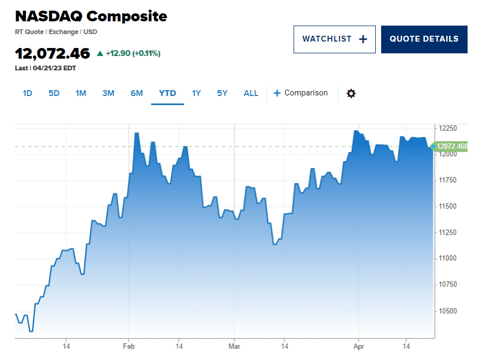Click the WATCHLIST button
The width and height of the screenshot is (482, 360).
coord(334,39)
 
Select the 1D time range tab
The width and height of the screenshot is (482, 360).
coord(27,93)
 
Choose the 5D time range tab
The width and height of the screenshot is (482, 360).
coord(54,93)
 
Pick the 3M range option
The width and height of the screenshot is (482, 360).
coord(108,93)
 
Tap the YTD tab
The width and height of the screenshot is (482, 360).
coord(167,93)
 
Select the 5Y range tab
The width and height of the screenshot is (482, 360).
coord(222,93)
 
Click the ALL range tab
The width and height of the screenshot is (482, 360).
coord(250,93)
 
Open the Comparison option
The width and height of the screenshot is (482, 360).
coord(301,93)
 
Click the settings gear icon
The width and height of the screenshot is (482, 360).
coord(351,93)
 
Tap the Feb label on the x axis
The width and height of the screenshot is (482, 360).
coord(129,346)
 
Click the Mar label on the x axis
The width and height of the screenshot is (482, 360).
coord(234,346)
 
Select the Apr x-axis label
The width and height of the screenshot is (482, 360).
coord(358,346)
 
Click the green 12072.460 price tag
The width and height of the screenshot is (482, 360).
coord(451,146)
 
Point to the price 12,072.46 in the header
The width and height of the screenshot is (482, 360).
coord(52,53)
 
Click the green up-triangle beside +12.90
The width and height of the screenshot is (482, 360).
coord(100,53)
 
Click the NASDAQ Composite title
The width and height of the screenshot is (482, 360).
coord(91,16)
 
